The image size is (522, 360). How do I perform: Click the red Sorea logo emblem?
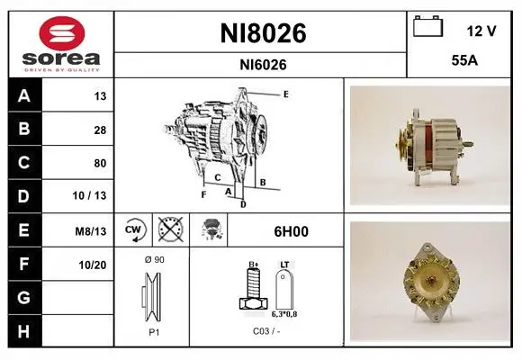tap(62, 33)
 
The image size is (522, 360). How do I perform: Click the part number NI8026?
tap(263, 33)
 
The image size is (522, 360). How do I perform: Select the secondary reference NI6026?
tap(263, 65)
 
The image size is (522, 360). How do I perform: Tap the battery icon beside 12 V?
tap(428, 26)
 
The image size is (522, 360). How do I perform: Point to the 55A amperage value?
tap(464, 60)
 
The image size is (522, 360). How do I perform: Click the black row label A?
tap(24, 95)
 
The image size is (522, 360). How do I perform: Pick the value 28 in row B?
tap(100, 130)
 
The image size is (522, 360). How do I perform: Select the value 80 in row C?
tap(100, 163)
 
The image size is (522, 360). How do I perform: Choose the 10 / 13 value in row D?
tap(89, 195)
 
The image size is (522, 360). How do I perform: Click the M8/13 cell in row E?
tap(91, 231)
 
